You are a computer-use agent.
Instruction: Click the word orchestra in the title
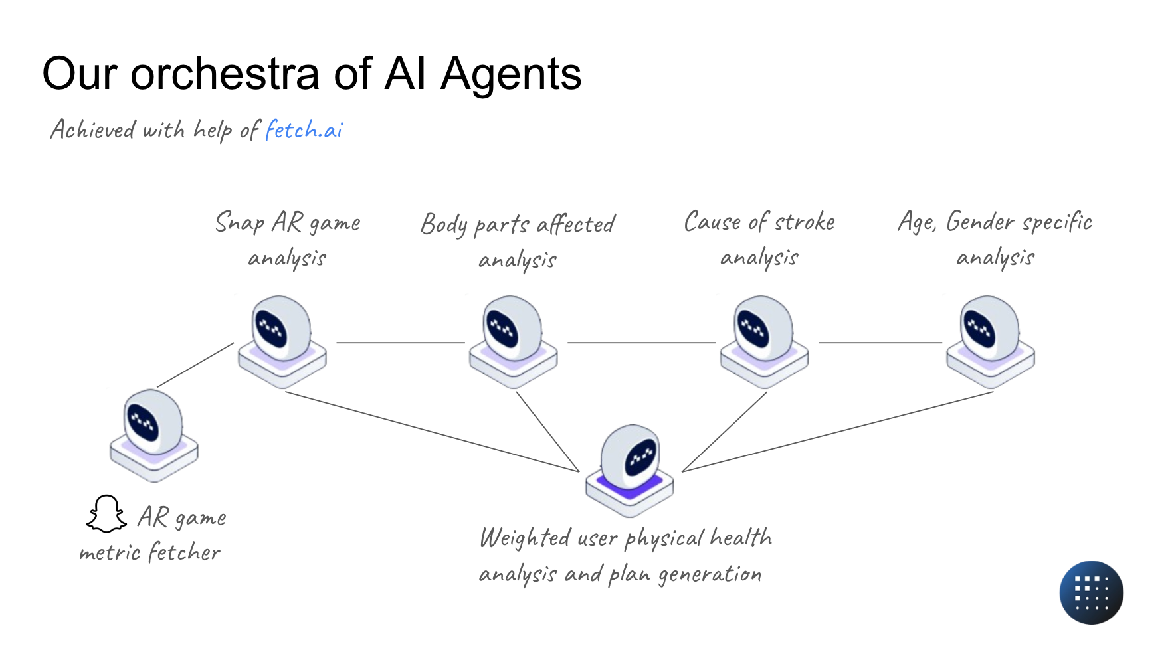(x=225, y=73)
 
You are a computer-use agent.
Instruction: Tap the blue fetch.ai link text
(x=304, y=129)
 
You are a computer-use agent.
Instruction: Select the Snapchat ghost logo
(x=106, y=514)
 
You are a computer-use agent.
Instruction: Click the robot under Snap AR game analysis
(x=282, y=342)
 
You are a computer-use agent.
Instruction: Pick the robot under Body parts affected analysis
(x=514, y=342)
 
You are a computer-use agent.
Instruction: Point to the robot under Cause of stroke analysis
(x=765, y=342)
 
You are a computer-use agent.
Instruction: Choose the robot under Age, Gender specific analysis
(x=991, y=342)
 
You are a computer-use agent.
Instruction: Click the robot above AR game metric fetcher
(x=154, y=436)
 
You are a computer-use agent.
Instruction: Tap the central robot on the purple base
(x=630, y=471)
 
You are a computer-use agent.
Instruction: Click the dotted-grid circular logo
(x=1091, y=593)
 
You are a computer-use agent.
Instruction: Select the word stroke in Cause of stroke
(x=805, y=222)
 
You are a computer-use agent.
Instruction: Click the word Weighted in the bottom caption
(x=525, y=537)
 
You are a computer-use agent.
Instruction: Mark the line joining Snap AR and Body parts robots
(x=401, y=343)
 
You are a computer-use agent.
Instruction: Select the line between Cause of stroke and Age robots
(x=880, y=343)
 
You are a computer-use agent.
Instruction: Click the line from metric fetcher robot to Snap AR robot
(x=195, y=365)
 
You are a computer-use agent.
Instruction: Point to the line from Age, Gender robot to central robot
(x=838, y=432)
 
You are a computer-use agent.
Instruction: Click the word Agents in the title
(x=511, y=74)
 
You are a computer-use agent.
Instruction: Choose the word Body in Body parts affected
(x=444, y=225)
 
